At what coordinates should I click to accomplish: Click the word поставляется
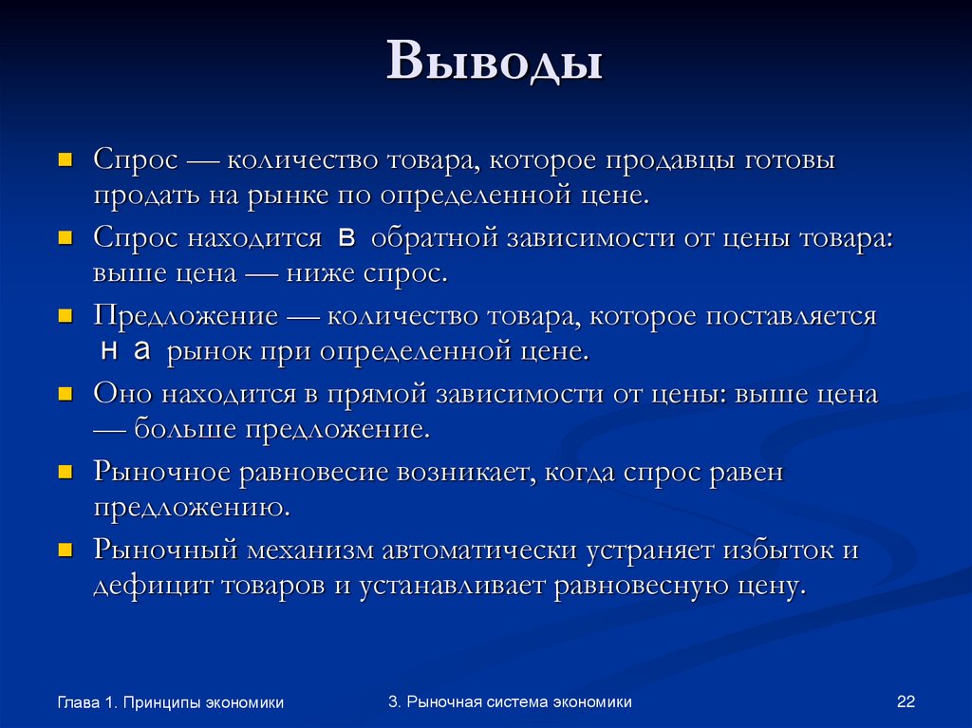click(x=791, y=316)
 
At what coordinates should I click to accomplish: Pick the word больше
click(x=186, y=428)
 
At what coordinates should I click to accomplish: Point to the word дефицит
click(x=153, y=584)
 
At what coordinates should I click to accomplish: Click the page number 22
click(x=905, y=702)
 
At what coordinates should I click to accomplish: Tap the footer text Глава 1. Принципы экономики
click(x=171, y=702)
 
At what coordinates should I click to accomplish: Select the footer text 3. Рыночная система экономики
click(x=510, y=701)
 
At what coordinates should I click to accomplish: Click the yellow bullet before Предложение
click(x=65, y=314)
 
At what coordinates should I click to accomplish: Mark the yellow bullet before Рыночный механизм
click(x=65, y=548)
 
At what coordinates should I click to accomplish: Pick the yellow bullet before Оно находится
click(x=65, y=392)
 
